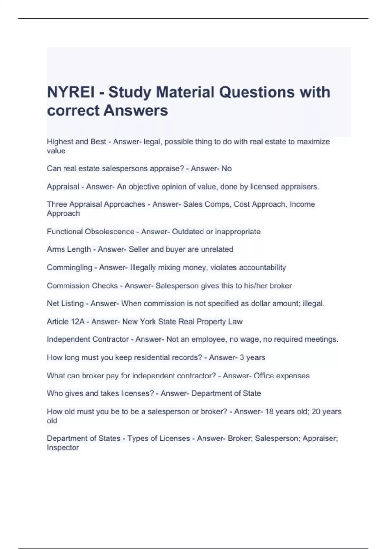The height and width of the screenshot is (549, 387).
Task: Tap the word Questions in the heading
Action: (x=257, y=92)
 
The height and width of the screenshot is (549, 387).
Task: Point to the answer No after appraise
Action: (x=226, y=169)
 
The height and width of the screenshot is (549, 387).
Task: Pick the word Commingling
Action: (x=69, y=267)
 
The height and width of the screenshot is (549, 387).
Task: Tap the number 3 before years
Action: (x=242, y=357)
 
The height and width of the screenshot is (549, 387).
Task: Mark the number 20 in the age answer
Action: (x=316, y=412)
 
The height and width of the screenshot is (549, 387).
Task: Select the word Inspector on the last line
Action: (x=63, y=448)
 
